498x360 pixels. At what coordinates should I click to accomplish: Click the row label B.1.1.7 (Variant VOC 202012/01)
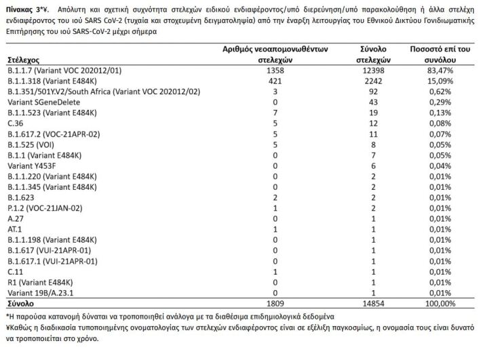65,70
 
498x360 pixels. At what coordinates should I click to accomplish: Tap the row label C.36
14,123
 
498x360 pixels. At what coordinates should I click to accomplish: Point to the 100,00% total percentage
441,303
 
